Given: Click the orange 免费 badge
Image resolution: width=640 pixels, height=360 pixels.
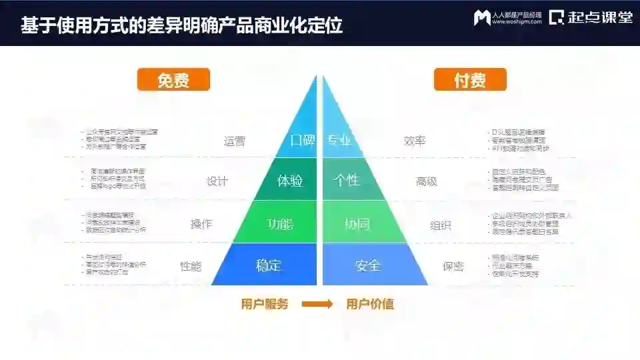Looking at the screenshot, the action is coord(173,79).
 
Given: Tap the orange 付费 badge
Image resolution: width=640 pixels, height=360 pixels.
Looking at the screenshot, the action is coord(470,79).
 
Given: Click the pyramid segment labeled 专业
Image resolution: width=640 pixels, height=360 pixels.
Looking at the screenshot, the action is coord(339,141).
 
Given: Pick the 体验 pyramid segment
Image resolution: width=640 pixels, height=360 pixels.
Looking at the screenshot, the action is coord(289,181).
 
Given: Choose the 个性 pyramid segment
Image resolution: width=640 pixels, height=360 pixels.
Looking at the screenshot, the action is coord(347,181).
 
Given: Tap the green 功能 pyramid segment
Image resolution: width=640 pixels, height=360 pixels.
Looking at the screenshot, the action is coord(280,224).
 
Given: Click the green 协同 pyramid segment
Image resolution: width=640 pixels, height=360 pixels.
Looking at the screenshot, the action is coord(357,224).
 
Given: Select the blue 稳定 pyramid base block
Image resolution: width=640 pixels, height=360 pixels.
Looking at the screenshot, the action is coord(268,265).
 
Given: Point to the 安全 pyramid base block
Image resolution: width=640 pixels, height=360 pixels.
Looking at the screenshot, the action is coord(368,265).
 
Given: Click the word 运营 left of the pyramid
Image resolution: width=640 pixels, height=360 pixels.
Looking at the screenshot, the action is coord(235,141).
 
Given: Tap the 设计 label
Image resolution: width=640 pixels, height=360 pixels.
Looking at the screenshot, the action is coord(217,181).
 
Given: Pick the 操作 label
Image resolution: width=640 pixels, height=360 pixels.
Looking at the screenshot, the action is coord(201,225).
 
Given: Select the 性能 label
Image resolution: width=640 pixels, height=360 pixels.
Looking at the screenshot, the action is coord(191,266).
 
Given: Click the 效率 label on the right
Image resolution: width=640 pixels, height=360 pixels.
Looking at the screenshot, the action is coord(415,141).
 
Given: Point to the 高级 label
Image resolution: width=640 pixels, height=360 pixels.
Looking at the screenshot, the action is coord(427,181).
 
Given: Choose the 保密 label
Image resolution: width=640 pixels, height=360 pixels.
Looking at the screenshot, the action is coord(453,266).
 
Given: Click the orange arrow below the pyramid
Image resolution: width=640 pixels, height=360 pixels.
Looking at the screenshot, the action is coord(317,305).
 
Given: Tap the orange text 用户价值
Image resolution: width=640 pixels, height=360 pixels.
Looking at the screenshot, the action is coord(370,305).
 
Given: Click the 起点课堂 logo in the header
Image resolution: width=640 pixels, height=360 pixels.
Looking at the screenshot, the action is coord(591,18).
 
